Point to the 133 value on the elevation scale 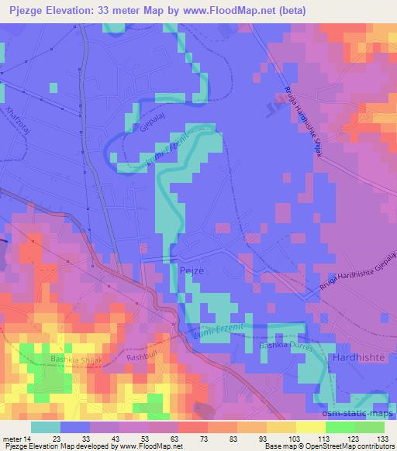click(380, 437)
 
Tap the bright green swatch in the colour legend click(339, 426)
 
